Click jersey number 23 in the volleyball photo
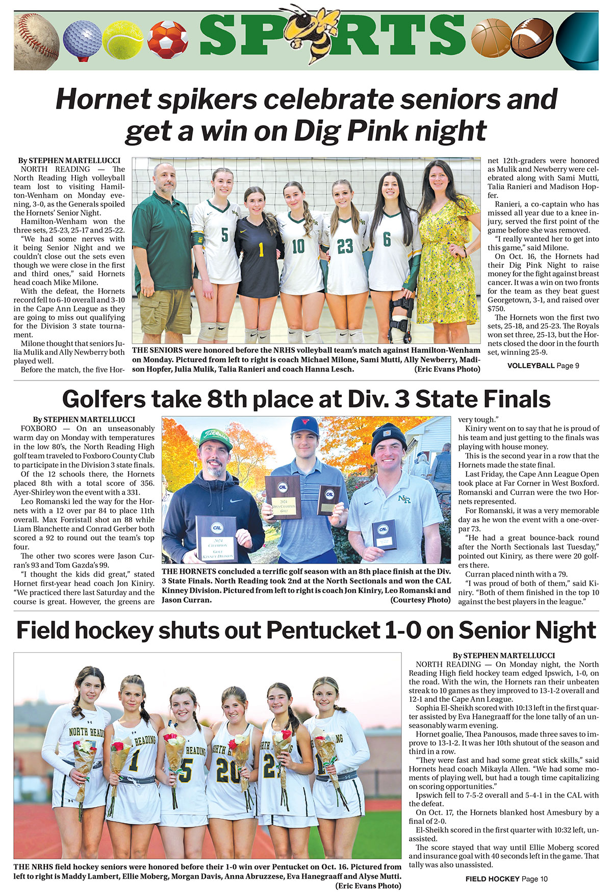tap(345, 247)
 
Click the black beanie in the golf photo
tap(389, 435)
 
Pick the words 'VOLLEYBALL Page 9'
tap(543, 365)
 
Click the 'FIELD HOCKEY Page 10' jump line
tap(506, 879)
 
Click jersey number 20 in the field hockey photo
tap(228, 772)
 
